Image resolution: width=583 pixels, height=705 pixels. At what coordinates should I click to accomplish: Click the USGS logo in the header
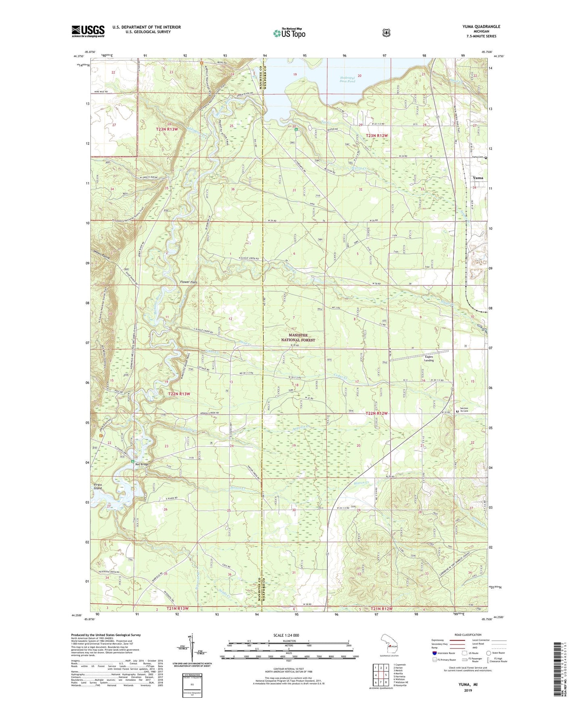point(88,31)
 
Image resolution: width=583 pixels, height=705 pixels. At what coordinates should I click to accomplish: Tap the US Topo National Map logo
point(289,33)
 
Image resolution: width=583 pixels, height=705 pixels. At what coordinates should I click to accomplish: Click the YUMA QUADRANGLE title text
point(481,27)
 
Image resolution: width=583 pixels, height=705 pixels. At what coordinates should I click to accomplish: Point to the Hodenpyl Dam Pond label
point(347,79)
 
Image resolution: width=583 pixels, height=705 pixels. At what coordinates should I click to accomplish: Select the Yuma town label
point(478,178)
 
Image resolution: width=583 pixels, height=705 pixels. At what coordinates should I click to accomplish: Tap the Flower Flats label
point(188,282)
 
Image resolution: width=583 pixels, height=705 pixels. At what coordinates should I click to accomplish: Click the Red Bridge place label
point(142,464)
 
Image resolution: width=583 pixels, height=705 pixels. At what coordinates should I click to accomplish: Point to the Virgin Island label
point(98,486)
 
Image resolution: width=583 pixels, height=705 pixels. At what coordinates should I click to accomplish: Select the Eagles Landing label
point(429,359)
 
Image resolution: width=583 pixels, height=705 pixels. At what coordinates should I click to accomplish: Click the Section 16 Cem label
point(464,410)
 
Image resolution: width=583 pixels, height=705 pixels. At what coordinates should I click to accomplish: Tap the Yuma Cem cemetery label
point(478,157)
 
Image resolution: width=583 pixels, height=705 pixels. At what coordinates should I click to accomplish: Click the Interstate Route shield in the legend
point(434,653)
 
